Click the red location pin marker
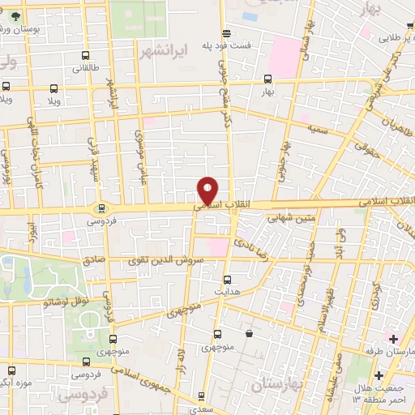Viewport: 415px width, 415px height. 208,190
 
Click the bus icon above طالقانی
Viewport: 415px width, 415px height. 86,57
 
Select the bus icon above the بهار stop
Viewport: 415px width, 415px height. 268,79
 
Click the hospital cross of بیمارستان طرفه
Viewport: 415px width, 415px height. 393,338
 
